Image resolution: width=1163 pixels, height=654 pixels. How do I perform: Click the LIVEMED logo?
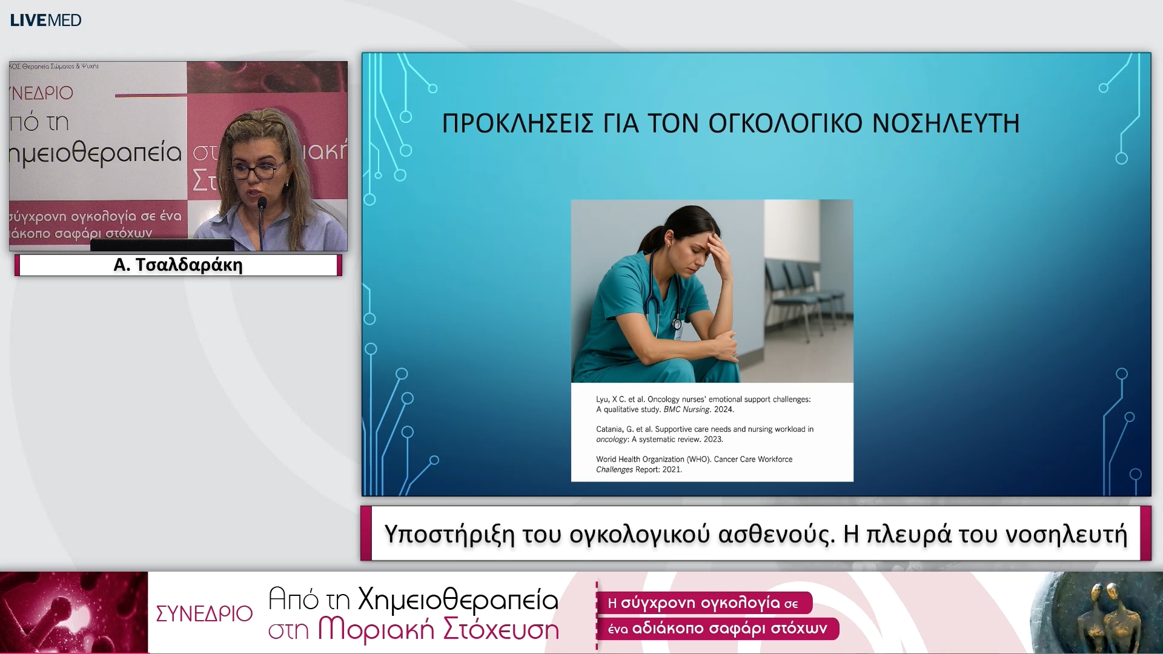[x=45, y=20]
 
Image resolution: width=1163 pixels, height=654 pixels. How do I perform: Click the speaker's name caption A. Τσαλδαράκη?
[x=178, y=265]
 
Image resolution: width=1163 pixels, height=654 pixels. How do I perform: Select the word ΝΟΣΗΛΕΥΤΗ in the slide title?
[x=946, y=124]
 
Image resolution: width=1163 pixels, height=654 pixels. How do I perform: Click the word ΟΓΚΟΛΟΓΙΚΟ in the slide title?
[x=785, y=124]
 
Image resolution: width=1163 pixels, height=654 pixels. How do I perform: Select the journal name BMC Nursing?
[x=686, y=409]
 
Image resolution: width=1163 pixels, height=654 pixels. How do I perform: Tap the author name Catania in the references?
[x=609, y=429]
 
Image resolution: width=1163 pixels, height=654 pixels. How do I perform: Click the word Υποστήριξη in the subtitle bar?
[x=449, y=534]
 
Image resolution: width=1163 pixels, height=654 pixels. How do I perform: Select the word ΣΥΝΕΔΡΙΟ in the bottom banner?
[x=204, y=613]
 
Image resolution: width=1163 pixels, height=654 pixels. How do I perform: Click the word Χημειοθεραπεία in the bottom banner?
[x=458, y=599]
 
